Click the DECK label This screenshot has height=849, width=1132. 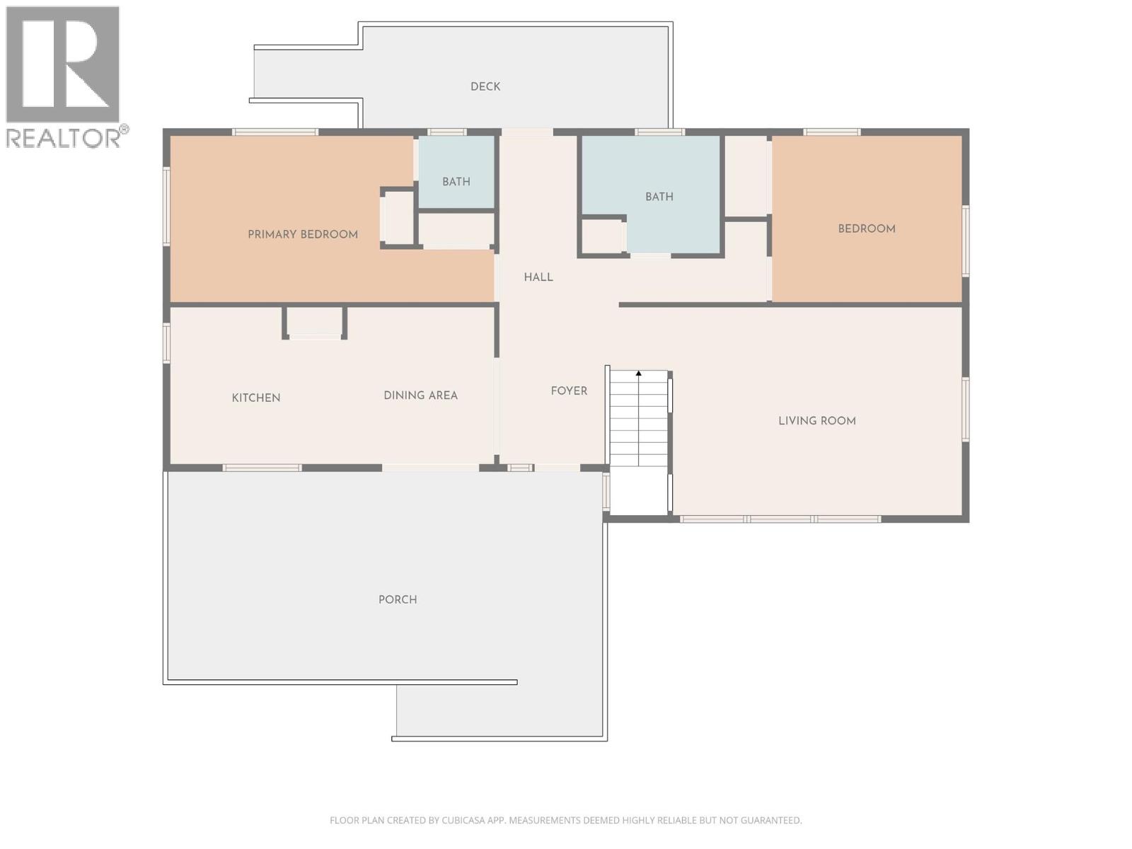485,86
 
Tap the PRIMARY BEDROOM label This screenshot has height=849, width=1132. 303,234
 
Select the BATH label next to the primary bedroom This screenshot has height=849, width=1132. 456,182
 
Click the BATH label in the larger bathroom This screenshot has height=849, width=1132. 659,197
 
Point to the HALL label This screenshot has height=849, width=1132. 538,277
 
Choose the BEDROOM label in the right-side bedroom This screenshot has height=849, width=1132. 867,229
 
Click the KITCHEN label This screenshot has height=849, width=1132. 256,398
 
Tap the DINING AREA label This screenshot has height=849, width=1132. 420,395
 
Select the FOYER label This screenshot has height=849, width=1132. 569,391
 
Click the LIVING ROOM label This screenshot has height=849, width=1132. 817,421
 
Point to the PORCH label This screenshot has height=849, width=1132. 398,599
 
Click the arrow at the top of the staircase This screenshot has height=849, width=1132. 638,373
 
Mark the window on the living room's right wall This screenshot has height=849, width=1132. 966,409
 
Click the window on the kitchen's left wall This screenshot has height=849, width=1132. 167,343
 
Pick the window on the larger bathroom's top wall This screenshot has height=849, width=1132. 659,132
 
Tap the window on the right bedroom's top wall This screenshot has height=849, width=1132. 831,132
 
